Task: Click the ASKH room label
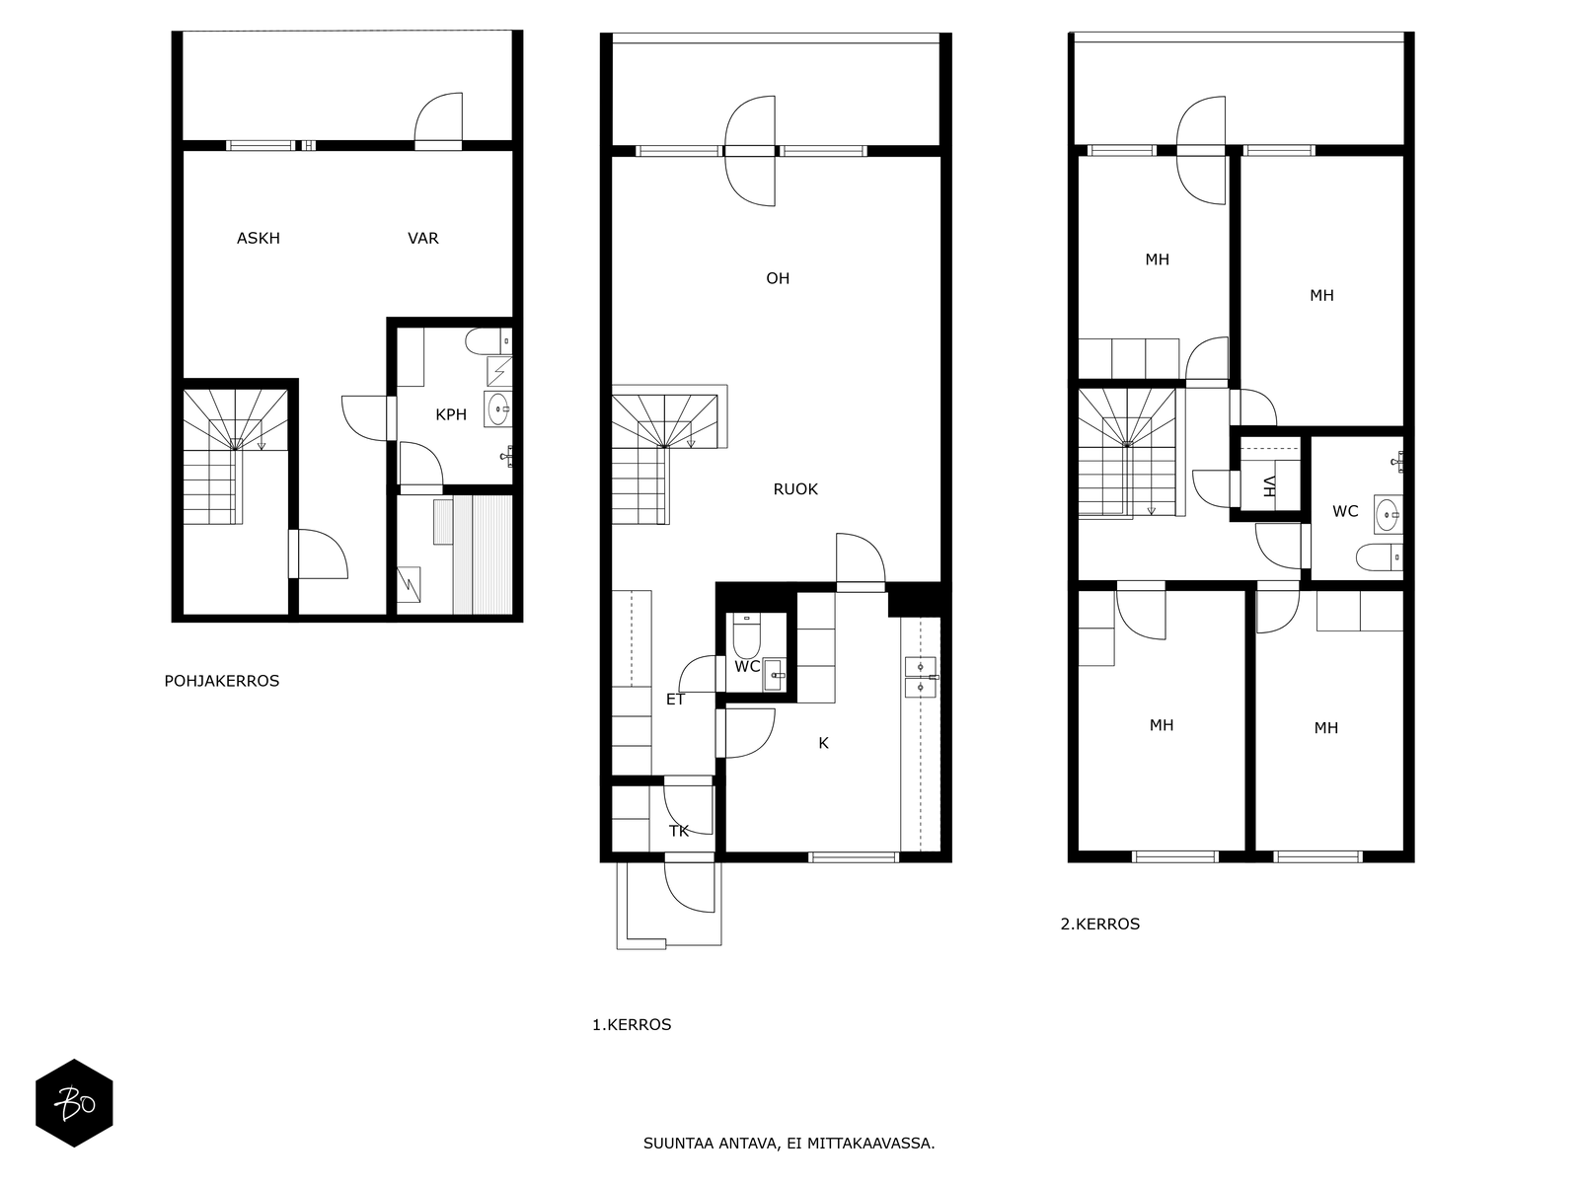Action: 259,238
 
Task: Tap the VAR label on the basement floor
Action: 423,238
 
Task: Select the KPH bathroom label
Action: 451,414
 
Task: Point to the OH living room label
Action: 778,278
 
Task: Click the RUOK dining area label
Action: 795,488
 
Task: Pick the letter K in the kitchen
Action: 824,743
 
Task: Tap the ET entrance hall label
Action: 675,699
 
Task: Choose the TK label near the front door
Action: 679,831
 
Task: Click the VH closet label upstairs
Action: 1270,486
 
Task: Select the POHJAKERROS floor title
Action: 222,681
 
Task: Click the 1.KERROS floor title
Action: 632,1024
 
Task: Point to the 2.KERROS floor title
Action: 1100,924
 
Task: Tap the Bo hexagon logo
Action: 74,1103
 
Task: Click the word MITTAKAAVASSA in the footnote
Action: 870,1143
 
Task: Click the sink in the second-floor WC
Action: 1388,515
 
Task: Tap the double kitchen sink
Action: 921,677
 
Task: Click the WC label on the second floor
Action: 1345,511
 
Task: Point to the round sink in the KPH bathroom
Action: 497,409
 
